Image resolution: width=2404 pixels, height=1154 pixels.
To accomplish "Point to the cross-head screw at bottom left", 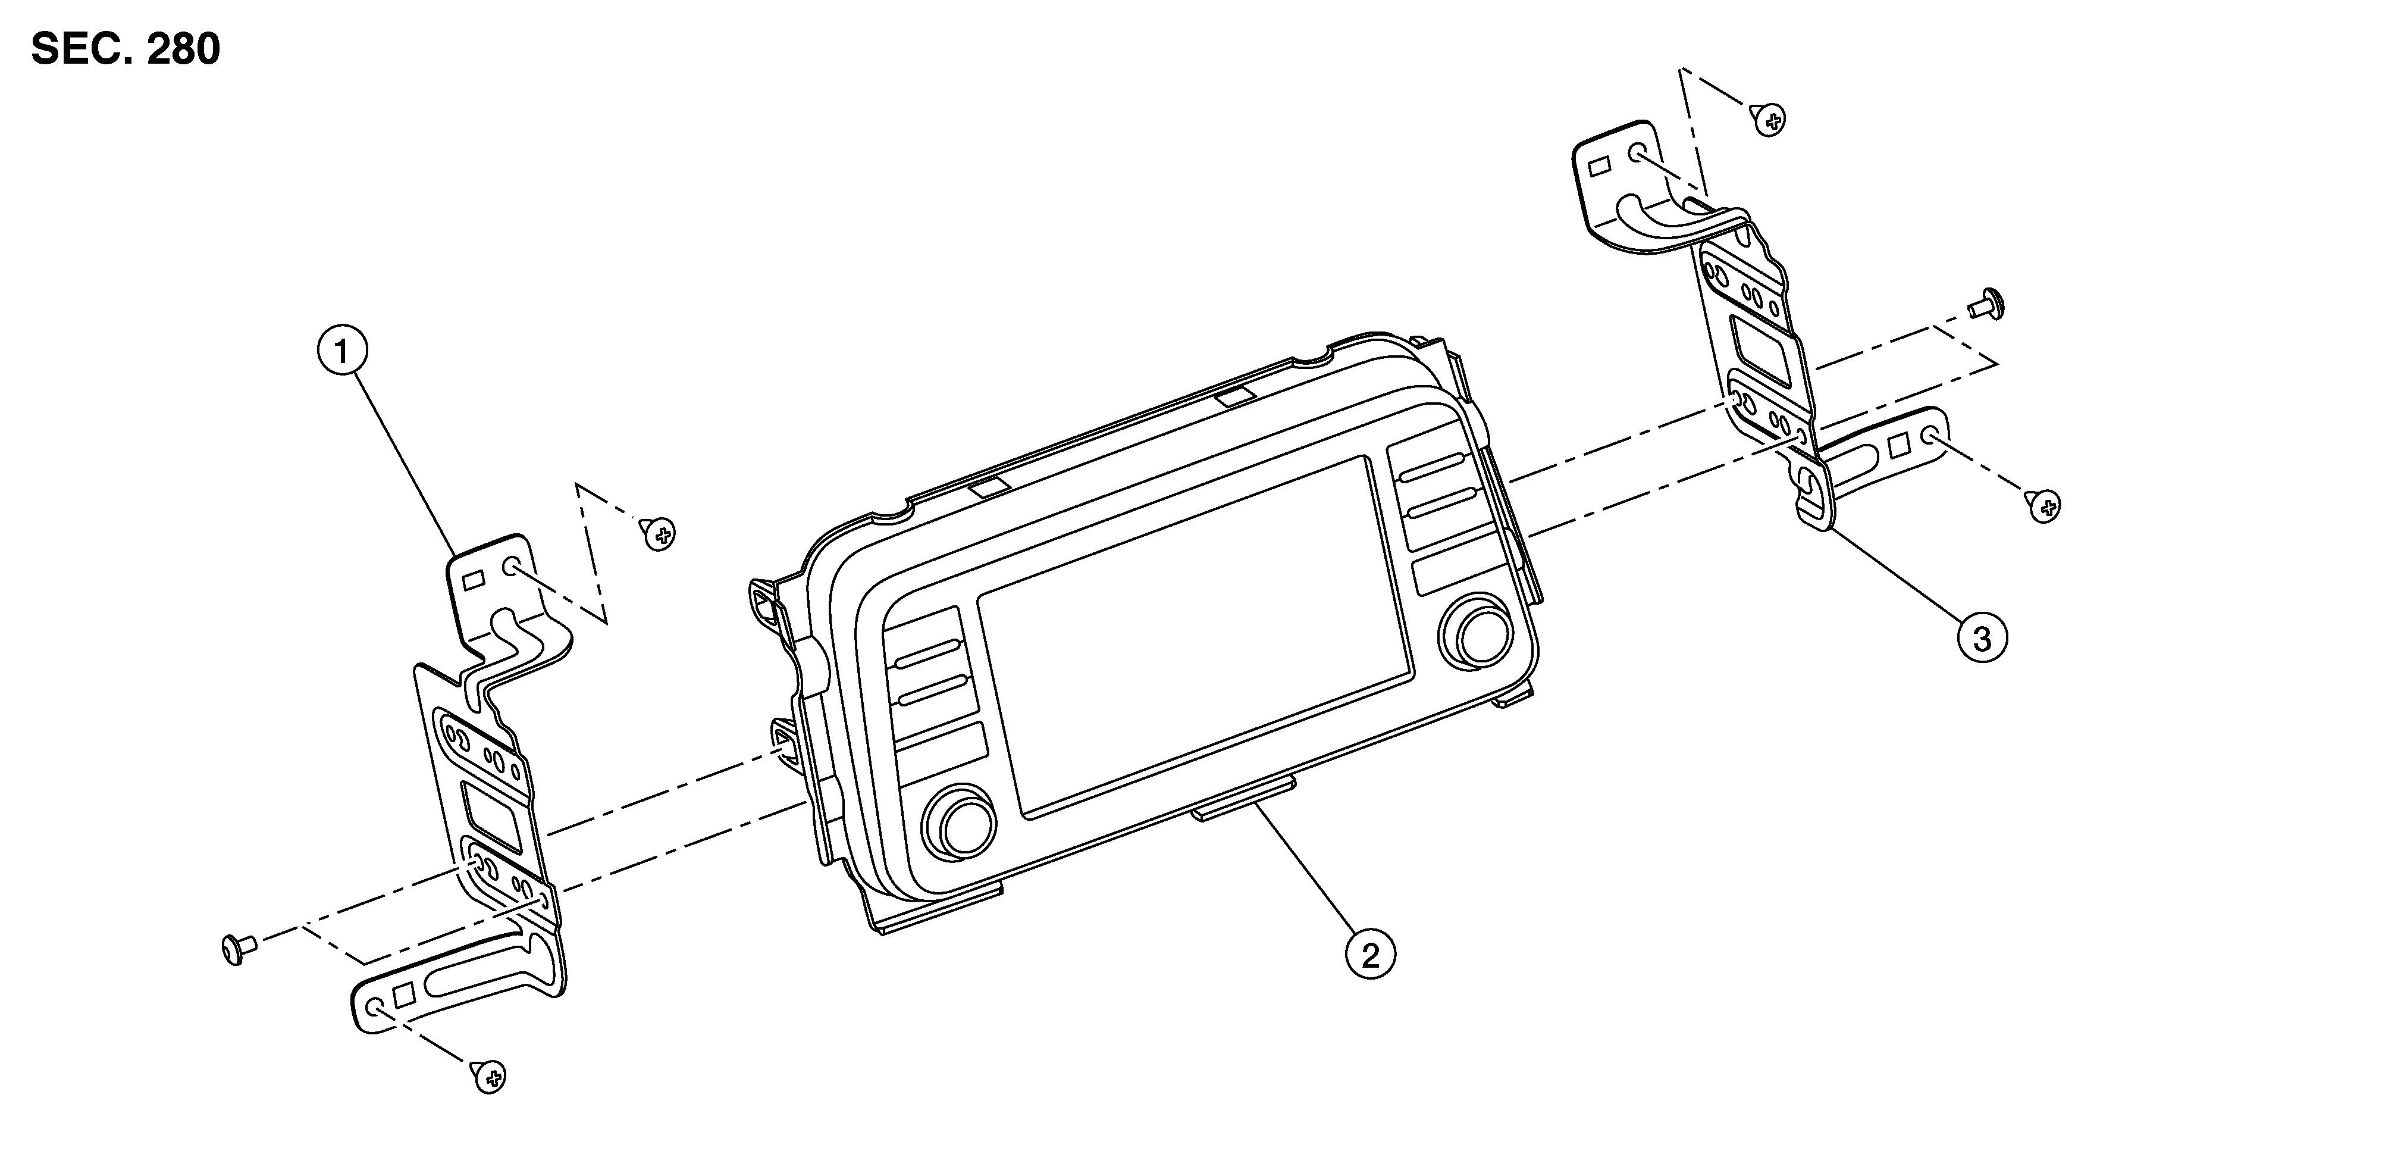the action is click(x=489, y=1077).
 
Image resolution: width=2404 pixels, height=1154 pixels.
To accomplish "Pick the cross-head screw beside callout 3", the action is click(x=2043, y=506).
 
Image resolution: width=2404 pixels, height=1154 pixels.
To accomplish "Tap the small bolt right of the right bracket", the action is click(x=1988, y=304).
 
